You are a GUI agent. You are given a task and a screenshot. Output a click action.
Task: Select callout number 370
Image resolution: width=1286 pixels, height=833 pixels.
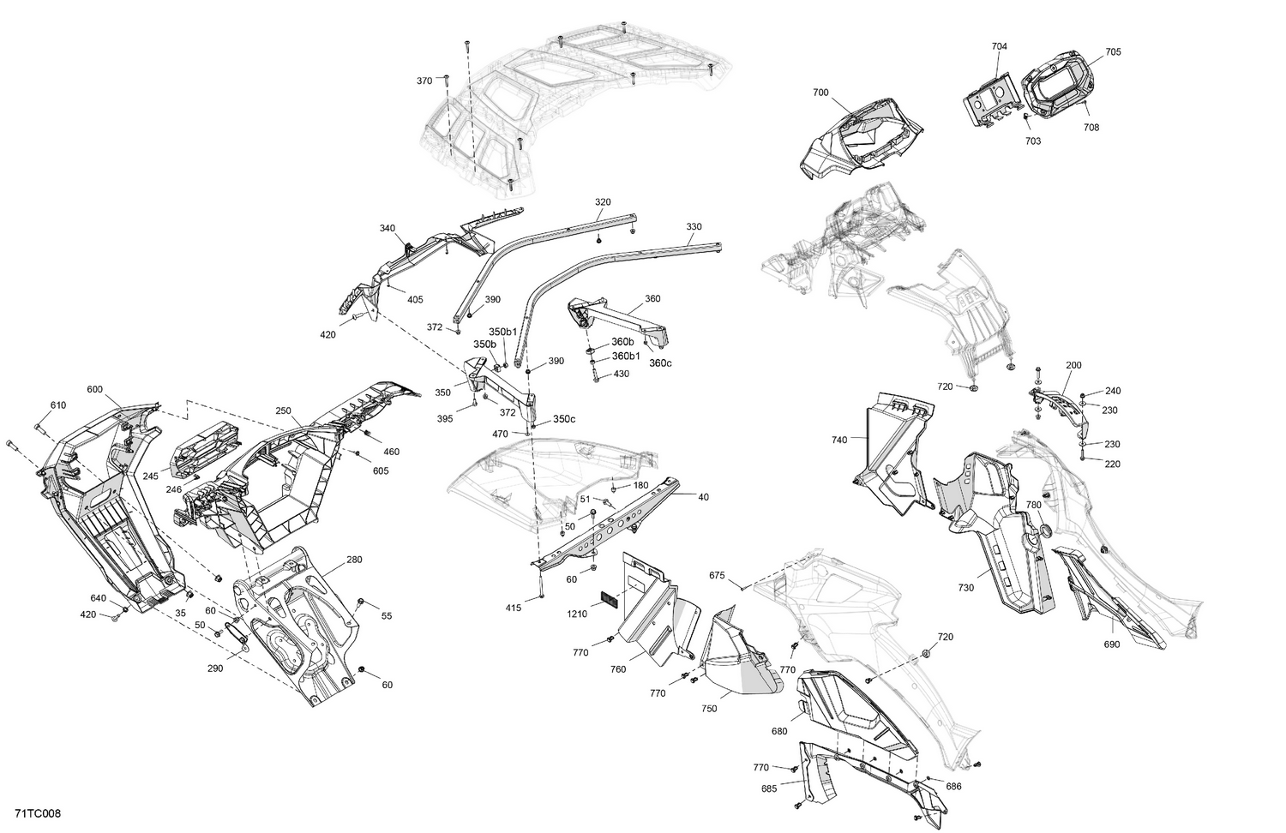(x=424, y=81)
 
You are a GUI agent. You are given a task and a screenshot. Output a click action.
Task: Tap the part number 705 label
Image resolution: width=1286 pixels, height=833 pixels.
(x=1112, y=52)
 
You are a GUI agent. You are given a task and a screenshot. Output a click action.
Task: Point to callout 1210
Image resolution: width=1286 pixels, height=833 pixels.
(x=576, y=614)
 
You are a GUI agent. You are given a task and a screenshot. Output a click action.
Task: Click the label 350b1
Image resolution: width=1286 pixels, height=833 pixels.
(x=503, y=332)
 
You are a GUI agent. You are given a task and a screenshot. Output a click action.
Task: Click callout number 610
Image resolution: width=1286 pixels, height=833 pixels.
(x=57, y=405)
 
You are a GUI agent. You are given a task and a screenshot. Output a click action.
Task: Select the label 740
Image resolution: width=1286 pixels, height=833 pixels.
(x=838, y=440)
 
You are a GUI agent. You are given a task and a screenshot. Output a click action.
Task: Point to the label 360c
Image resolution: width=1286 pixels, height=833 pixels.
(x=660, y=363)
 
